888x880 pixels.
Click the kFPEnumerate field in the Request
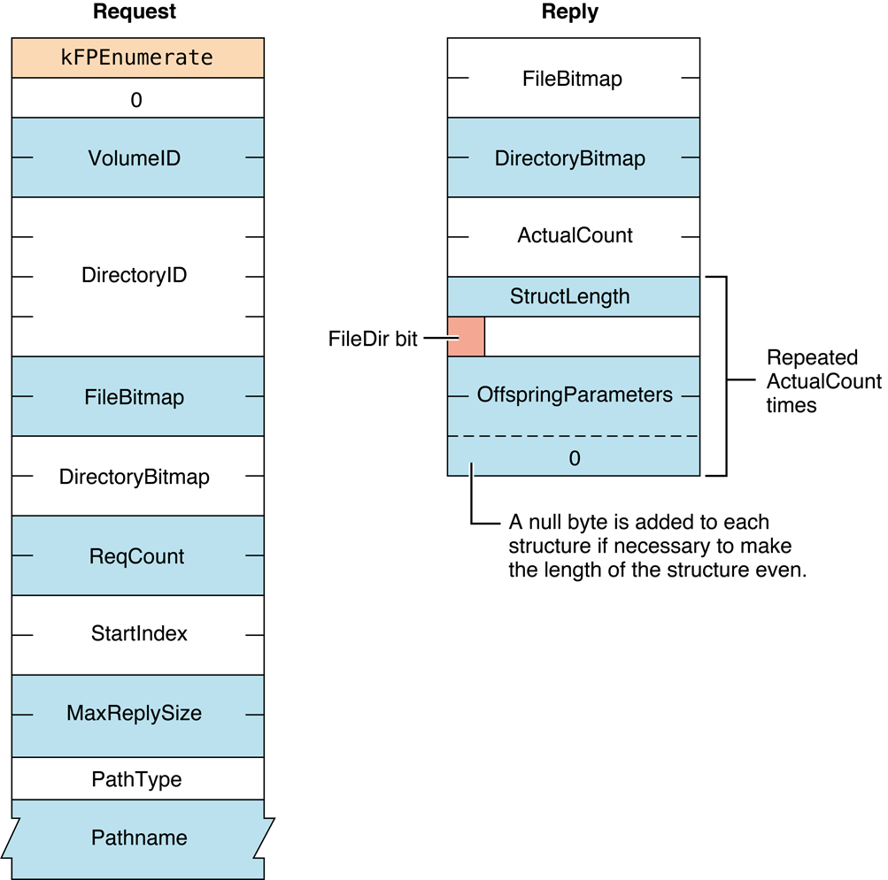137,58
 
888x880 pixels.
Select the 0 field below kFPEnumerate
137,100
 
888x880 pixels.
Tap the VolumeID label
135,158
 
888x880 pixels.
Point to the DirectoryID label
135,275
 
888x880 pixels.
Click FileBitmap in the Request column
135,397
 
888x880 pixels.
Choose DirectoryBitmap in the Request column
135,477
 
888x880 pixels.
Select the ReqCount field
137,556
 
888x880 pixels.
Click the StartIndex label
139,634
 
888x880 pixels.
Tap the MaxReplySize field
135,713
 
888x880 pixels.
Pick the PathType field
137,779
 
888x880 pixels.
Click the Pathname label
139,837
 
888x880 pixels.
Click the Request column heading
135,12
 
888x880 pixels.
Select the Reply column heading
570,12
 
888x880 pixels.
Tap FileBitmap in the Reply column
573,79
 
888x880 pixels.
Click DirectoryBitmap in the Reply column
570,158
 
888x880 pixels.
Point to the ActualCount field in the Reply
575,236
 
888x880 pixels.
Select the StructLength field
570,296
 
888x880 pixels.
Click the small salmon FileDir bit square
466,337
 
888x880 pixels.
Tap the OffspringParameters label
575,394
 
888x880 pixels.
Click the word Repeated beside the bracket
812,358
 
